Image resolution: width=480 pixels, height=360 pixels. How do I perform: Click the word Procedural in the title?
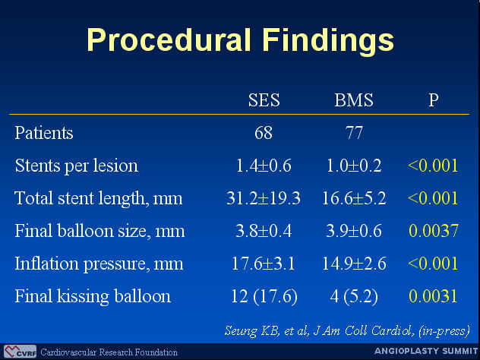tap(169, 39)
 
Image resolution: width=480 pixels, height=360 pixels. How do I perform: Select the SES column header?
tap(264, 99)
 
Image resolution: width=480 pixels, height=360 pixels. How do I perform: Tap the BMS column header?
tap(354, 99)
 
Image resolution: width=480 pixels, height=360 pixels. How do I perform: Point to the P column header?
tap(433, 99)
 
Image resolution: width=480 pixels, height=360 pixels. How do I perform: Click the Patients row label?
tap(44, 133)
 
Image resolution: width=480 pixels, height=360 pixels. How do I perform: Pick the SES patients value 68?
tap(264, 133)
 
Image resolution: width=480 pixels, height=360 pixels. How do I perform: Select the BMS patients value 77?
tap(354, 133)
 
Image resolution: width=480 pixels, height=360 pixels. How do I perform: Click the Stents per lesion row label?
tap(76, 166)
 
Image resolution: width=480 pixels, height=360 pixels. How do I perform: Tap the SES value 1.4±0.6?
tap(264, 166)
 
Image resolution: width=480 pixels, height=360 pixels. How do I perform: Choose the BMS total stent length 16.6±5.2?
tap(354, 198)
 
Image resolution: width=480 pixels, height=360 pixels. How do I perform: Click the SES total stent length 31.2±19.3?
tap(264, 198)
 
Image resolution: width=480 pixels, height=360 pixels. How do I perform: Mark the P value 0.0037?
tap(433, 231)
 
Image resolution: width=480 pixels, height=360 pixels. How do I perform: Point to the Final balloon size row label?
tap(99, 231)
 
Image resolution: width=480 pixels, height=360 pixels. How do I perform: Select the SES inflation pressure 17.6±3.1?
tap(264, 264)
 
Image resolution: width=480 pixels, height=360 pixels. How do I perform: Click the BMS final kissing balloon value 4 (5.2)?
tap(354, 296)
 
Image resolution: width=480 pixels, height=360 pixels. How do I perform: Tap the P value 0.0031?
tap(433, 296)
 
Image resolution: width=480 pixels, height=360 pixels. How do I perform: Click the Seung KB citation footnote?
tap(347, 331)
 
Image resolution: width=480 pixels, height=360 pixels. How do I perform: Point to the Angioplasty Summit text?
tap(427, 351)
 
